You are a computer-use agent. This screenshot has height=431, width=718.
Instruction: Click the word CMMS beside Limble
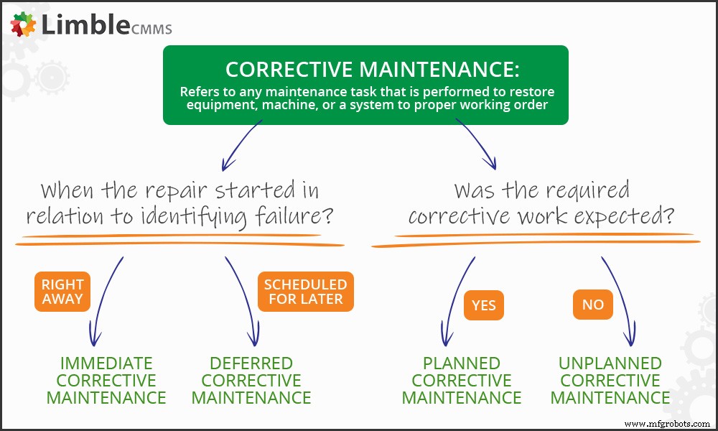coord(151,29)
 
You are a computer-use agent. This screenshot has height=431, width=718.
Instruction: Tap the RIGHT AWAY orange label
coord(62,292)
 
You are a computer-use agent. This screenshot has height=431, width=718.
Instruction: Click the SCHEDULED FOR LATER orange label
coord(306,292)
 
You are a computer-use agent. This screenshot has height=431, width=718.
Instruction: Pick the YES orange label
coord(484,305)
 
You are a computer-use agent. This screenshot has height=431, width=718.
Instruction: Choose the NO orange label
coord(593,305)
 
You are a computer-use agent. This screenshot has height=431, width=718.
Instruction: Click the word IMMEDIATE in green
coord(106,363)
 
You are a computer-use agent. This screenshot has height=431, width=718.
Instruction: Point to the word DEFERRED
coord(251,363)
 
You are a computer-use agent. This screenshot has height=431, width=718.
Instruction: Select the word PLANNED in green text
coord(462,363)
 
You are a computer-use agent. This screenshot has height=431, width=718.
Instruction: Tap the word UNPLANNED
coord(610,363)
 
